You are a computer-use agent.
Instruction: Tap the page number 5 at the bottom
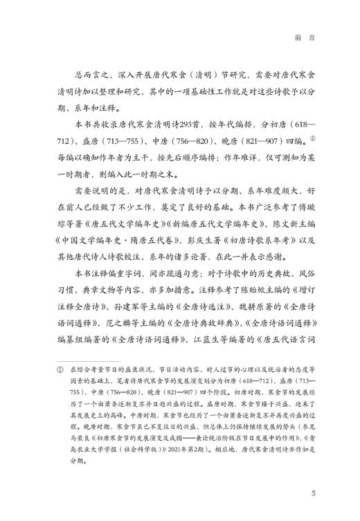[314, 493]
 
